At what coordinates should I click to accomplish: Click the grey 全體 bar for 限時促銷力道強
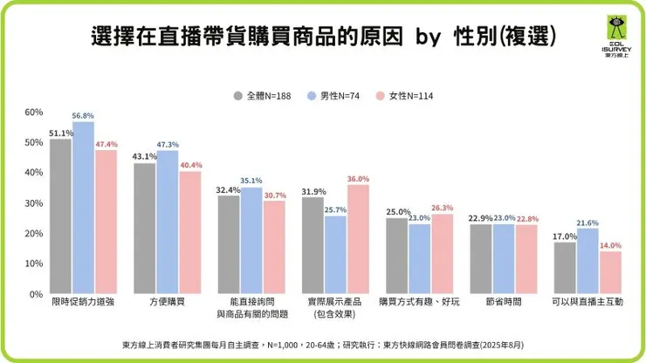[x=60, y=216]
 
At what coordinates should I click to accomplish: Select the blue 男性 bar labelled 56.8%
[x=83, y=208]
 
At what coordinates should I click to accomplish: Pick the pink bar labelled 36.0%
[x=357, y=239]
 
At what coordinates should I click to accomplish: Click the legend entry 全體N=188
[x=266, y=95]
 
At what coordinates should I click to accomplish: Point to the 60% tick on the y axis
[x=33, y=113]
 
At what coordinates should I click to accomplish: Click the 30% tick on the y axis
[x=33, y=203]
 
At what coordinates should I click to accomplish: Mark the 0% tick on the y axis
[x=36, y=294]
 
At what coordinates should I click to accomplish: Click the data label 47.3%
[x=168, y=144]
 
